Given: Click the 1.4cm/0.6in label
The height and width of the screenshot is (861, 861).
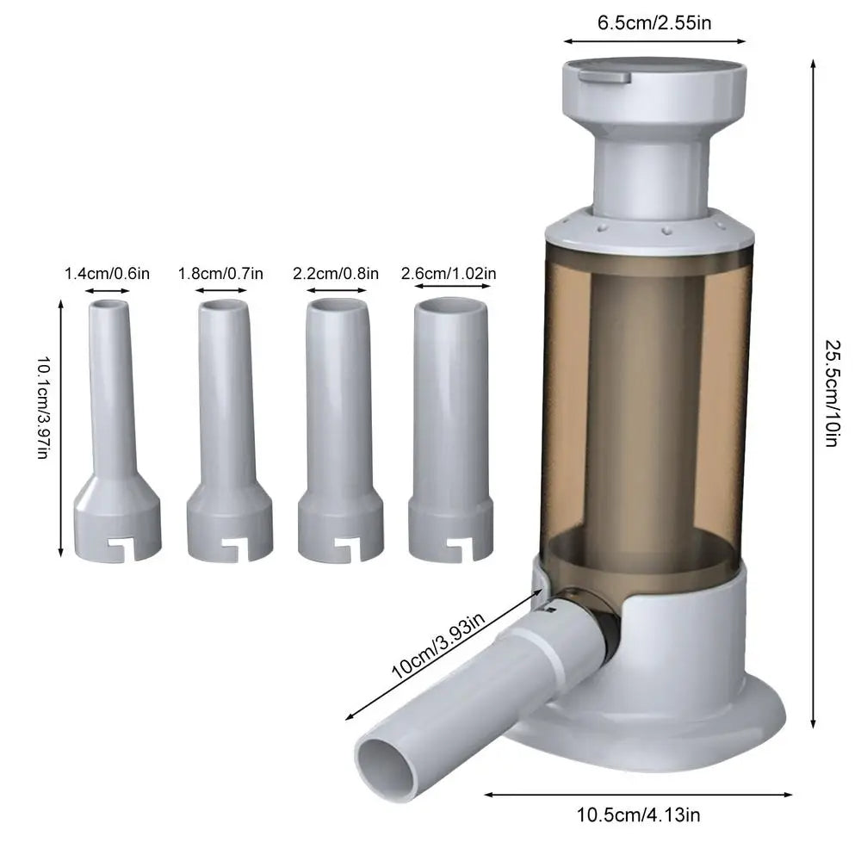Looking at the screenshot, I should [x=108, y=274].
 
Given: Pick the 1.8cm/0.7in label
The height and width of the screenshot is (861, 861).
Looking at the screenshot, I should [x=220, y=274].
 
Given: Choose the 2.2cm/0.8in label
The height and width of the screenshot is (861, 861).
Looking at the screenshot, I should [x=336, y=274].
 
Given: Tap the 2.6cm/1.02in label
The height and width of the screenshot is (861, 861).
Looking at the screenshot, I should [x=449, y=274].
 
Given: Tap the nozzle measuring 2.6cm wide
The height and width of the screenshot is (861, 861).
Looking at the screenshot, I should [x=450, y=430].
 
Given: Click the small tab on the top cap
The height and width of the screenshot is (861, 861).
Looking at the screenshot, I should [x=604, y=77].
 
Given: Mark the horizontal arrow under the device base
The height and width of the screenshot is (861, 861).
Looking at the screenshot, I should [x=638, y=795].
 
